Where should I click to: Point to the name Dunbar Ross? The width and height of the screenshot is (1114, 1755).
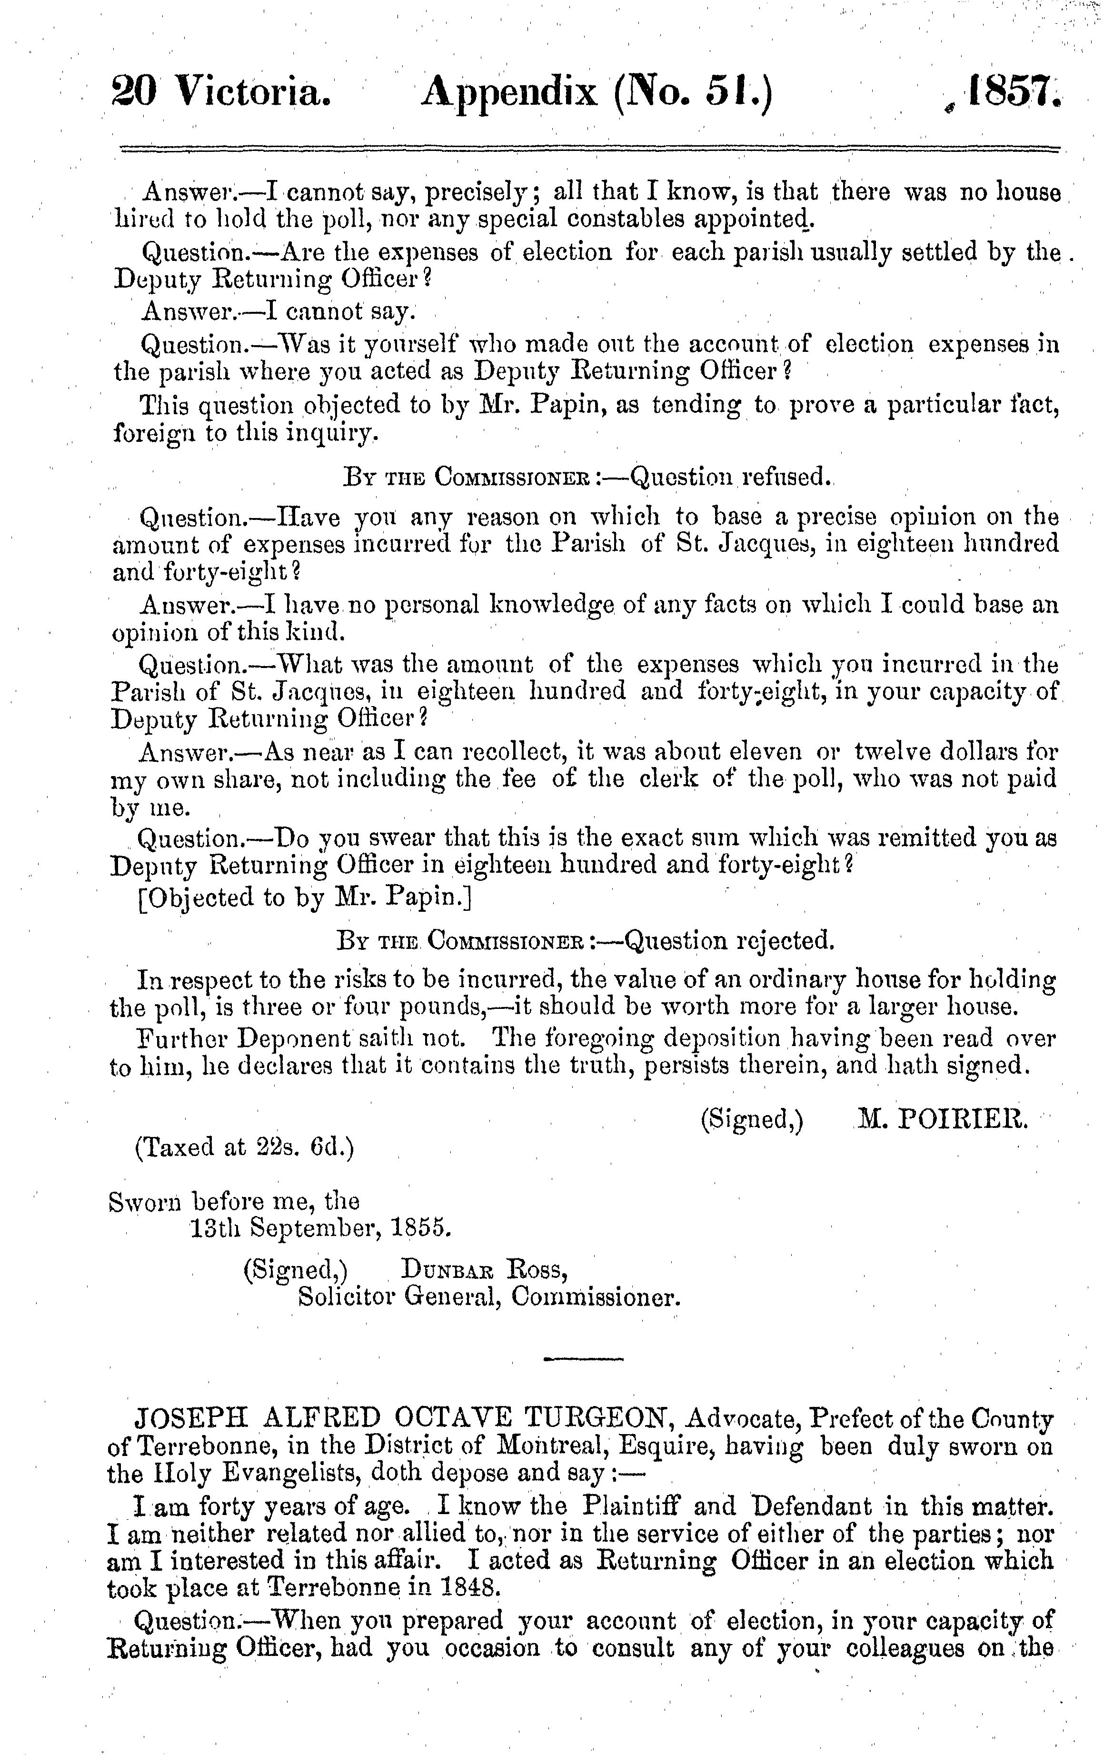(x=485, y=1270)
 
